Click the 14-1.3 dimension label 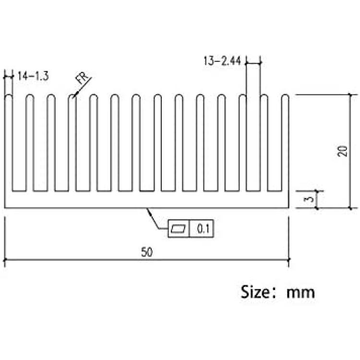[33, 76]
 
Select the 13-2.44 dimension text [222, 61]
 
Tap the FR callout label [82, 78]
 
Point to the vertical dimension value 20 [343, 151]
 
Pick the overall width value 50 [147, 252]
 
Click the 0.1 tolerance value [203, 228]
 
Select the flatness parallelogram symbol [179, 228]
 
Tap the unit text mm [300, 293]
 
